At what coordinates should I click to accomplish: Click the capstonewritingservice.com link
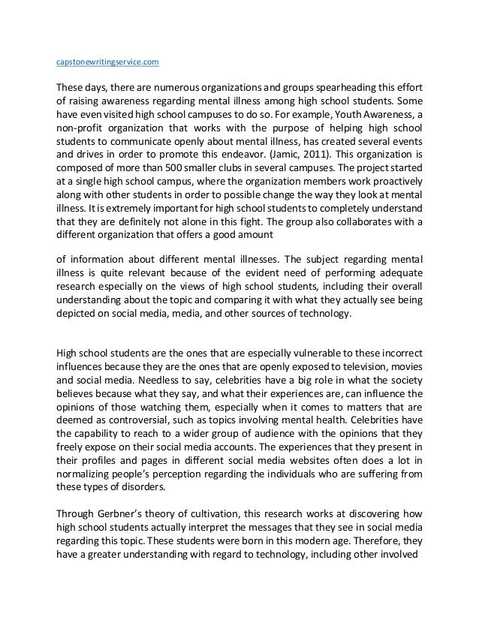coord(108,56)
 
